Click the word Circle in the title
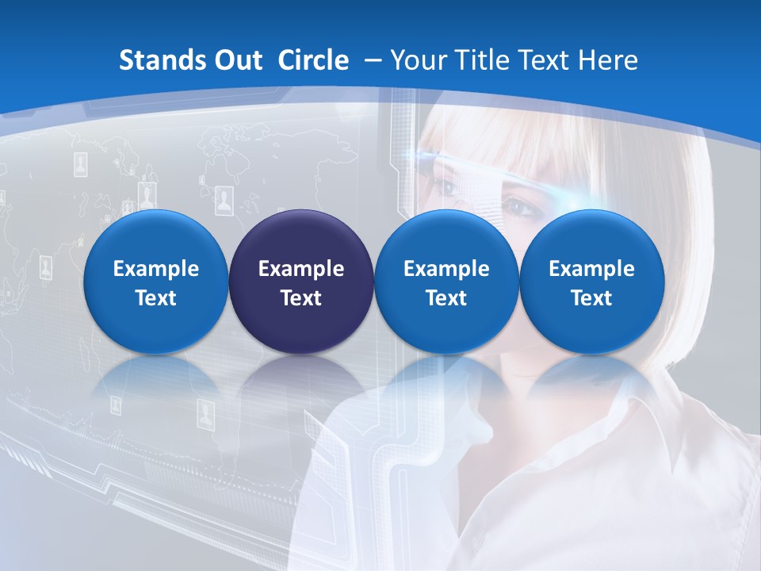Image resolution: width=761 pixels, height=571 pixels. (313, 60)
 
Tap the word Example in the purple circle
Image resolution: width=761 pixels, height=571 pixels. (300, 269)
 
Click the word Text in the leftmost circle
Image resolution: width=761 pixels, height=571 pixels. (155, 298)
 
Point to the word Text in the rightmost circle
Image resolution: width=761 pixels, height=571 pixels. (591, 298)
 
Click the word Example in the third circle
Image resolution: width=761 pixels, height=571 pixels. (446, 269)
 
